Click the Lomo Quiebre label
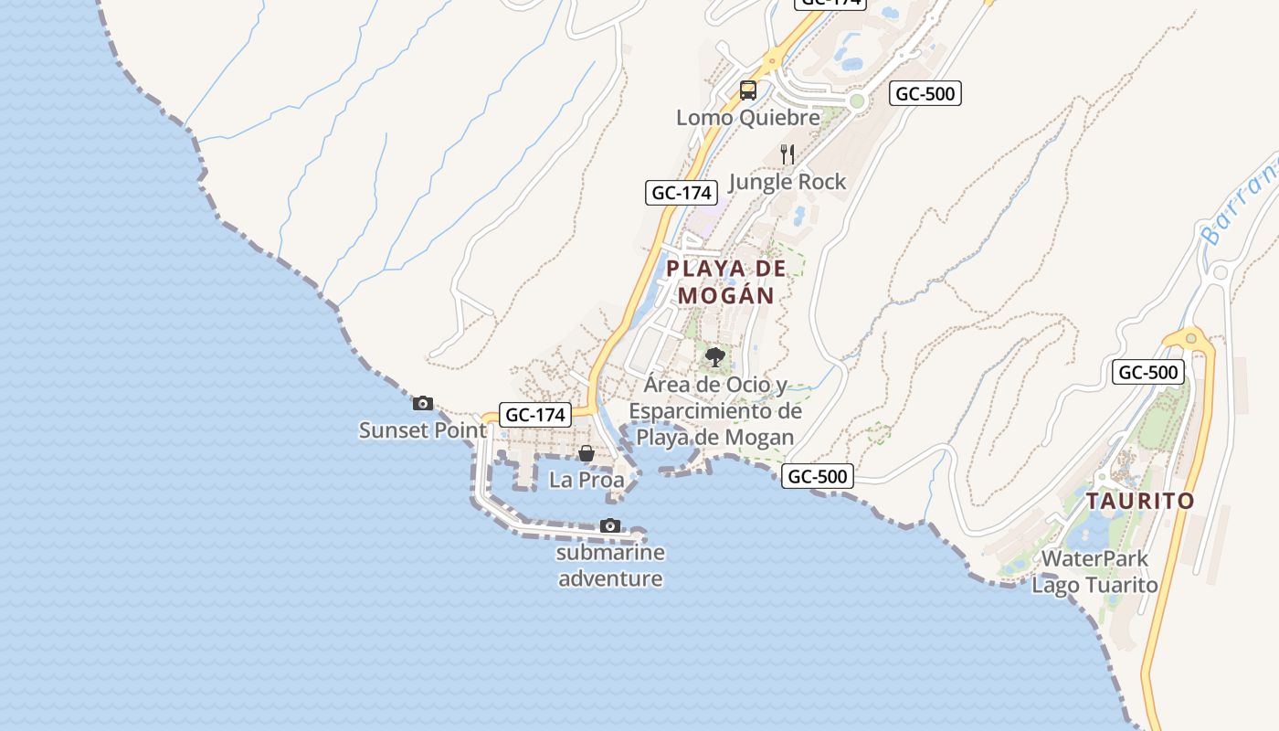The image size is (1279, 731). point(748,118)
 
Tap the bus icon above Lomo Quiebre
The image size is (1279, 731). point(748,90)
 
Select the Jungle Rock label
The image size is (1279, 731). point(787,182)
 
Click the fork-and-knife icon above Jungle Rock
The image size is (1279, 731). point(787,154)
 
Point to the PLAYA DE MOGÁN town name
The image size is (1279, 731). point(726,281)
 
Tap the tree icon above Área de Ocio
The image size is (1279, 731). point(715,356)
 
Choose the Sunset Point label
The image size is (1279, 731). point(422,430)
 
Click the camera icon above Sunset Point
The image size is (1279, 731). point(422,403)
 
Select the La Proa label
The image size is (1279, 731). point(587,480)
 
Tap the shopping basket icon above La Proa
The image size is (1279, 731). point(587,453)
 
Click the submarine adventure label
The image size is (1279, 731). point(610,566)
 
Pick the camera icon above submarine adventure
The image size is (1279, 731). point(610,525)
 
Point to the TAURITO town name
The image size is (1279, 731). point(1140,501)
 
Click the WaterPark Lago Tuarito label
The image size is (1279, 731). point(1094,572)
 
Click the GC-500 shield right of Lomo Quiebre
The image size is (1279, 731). point(925,93)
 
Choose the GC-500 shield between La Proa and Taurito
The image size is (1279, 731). point(818,476)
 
